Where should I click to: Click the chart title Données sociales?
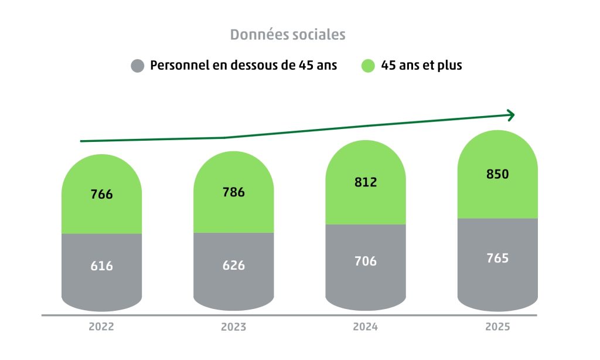pos(288,35)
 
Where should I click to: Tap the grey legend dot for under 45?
pos(138,66)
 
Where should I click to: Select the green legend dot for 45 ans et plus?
pos(367,66)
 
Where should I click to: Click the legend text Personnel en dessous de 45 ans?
pos(244,65)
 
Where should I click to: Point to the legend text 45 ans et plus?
pos(421,65)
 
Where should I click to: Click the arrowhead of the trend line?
pos(511,116)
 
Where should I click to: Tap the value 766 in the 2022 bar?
pos(101,195)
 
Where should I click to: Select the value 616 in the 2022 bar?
pos(101,266)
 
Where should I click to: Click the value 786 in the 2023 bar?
pos(234,192)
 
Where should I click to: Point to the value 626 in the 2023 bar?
pos(234,265)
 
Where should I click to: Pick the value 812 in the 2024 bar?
pos(366,182)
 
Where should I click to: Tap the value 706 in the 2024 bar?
pos(366,261)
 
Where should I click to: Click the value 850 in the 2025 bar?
pos(497,174)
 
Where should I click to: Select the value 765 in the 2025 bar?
pos(497,258)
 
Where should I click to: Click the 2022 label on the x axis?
pos(101,327)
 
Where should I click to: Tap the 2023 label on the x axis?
pos(233,327)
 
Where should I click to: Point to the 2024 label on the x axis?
pos(365,327)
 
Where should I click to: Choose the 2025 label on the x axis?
pos(497,327)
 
